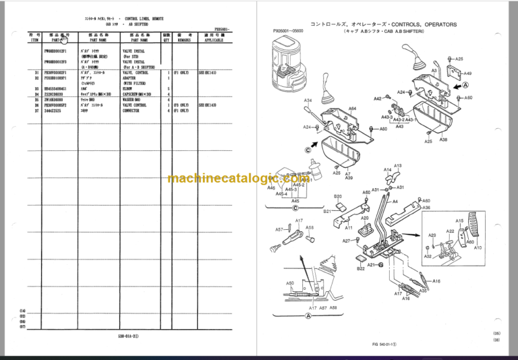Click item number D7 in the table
36,111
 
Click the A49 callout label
467,73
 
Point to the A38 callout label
442,140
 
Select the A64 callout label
352,108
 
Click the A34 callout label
307,101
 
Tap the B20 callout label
338,196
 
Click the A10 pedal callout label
477,247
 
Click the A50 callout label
290,284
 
